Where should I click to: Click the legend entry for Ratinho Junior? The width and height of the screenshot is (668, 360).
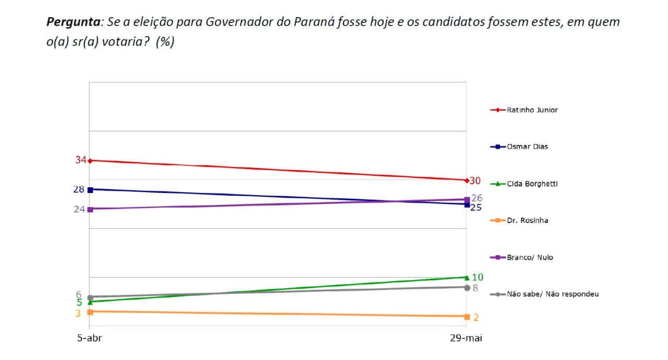524,110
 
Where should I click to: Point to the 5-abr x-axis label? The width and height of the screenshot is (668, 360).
90,338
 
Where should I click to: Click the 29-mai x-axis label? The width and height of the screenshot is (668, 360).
466,338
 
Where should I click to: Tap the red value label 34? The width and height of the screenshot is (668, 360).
80,160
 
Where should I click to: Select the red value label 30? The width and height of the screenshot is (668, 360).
475,181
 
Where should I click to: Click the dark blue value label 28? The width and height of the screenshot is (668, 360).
79,189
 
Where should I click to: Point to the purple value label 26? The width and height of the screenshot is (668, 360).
476,198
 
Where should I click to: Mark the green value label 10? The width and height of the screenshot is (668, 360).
478,278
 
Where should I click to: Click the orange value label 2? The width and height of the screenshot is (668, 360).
476,317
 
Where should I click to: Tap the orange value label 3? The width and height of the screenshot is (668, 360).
78,313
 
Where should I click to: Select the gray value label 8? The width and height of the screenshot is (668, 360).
475,287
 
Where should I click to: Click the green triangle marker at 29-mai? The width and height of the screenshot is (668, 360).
467,277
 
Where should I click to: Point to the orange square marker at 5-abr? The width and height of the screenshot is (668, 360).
90,311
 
